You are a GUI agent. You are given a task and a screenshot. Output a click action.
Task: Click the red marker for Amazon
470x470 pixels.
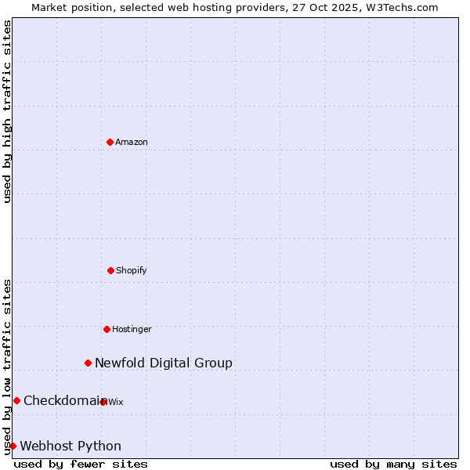(x=110, y=142)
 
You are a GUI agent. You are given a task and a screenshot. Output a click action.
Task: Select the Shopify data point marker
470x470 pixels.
(x=110, y=270)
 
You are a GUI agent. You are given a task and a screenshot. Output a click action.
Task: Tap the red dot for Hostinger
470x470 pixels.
(x=107, y=329)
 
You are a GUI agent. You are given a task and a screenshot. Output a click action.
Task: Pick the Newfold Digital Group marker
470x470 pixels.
(x=89, y=363)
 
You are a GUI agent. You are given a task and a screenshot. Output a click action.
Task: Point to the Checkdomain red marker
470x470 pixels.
(x=16, y=400)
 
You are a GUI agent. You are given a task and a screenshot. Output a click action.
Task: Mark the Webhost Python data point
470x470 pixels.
(x=13, y=446)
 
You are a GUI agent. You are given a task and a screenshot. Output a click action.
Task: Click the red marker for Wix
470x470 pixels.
(x=103, y=402)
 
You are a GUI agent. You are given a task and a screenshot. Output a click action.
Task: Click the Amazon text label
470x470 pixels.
(x=132, y=142)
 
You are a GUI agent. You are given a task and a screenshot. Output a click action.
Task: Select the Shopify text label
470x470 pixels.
(x=132, y=270)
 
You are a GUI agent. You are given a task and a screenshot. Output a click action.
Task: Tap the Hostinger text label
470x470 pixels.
(x=132, y=329)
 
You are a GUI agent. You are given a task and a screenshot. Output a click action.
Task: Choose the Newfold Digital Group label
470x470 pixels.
(x=164, y=363)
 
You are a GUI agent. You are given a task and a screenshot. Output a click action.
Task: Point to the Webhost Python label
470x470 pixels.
(x=70, y=446)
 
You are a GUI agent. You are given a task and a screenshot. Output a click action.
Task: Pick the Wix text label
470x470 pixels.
(x=116, y=402)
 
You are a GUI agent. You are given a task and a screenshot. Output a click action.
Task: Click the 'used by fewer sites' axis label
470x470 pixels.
(x=81, y=464)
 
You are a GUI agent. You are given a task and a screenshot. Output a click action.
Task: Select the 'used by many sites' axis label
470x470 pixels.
(x=393, y=464)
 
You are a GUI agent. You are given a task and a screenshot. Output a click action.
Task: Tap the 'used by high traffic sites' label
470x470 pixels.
(x=7, y=111)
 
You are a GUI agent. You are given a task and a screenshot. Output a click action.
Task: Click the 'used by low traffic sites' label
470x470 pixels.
(x=7, y=367)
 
